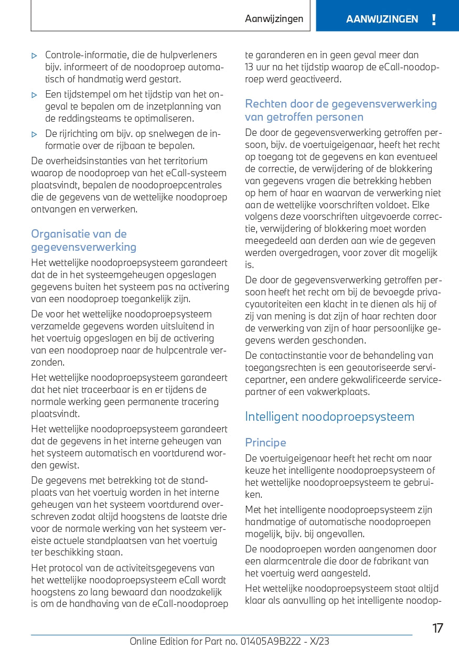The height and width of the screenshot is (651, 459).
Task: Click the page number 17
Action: [437, 628]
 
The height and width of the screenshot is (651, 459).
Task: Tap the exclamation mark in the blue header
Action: [434, 20]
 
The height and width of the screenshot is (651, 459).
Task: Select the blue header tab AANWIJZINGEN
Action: [382, 19]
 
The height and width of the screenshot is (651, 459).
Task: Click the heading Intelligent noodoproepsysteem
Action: [329, 417]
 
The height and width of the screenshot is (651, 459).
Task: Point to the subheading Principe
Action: [265, 443]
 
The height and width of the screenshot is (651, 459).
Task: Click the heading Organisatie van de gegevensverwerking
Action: [83, 240]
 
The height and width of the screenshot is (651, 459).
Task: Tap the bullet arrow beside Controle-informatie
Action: [35, 55]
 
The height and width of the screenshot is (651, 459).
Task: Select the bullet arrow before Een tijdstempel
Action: [35, 95]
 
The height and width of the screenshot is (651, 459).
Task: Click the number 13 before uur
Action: [249, 67]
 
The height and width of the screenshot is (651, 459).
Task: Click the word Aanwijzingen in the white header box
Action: [274, 19]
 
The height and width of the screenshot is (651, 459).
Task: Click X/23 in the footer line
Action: [319, 641]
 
